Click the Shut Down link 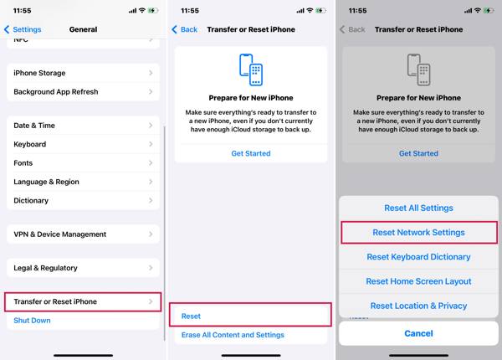point(32,321)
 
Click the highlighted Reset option point(250,316)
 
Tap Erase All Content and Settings point(233,335)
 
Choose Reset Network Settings point(418,232)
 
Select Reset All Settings point(418,208)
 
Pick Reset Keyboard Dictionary point(418,257)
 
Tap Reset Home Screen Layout point(418,281)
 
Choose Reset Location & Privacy point(418,306)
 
